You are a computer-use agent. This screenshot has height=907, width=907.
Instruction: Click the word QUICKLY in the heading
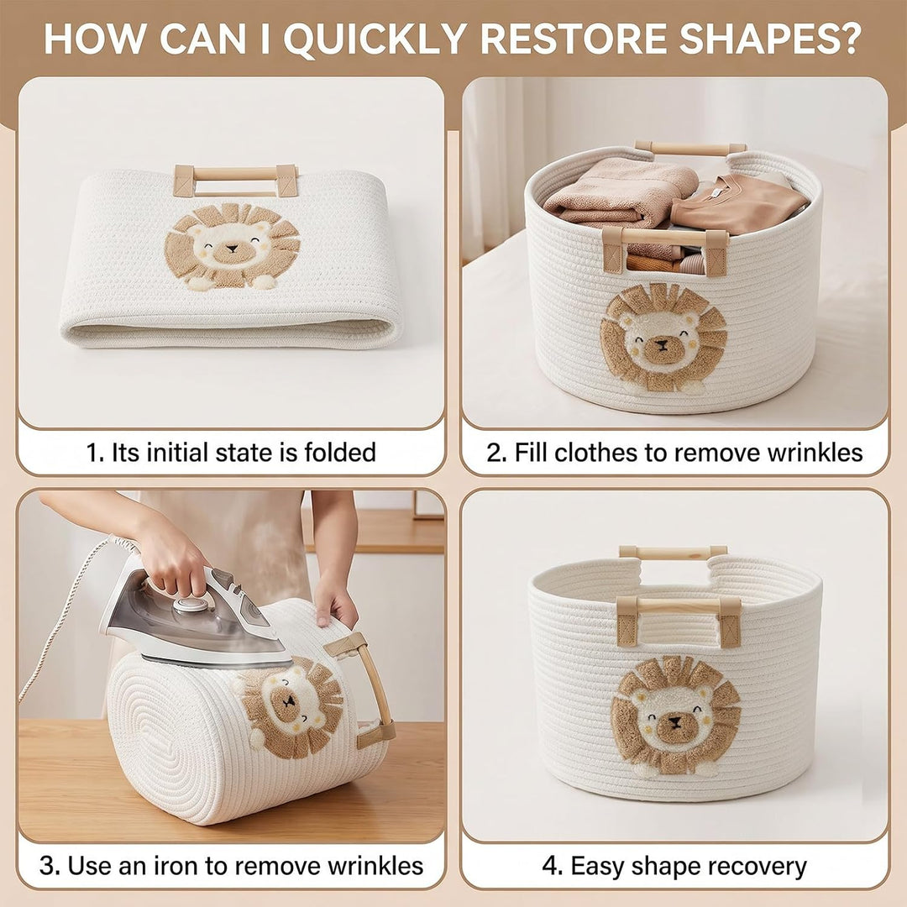[375, 39]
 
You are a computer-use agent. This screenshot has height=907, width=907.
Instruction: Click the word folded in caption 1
[341, 452]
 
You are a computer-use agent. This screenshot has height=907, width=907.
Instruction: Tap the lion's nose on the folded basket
[232, 249]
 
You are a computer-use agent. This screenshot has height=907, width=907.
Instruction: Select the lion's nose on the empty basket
[674, 721]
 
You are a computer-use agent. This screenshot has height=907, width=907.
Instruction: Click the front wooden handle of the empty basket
[679, 613]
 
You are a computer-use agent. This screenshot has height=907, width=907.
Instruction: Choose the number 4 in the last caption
[549, 867]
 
